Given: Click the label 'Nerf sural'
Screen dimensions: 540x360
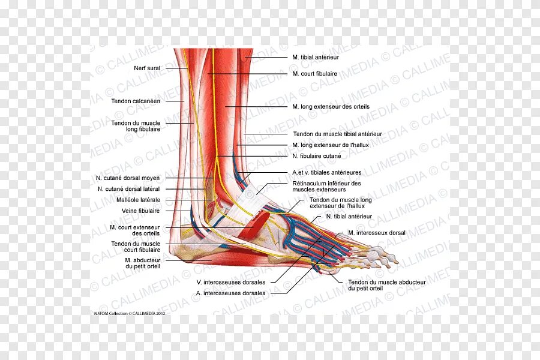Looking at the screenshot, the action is (148, 68).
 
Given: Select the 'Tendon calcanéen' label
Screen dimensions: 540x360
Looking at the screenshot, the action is (136, 101).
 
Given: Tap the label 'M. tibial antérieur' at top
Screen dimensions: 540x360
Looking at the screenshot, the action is (316, 57).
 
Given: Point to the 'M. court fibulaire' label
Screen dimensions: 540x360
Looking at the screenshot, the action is (314, 74).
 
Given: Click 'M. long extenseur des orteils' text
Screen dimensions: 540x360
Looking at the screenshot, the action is (331, 107).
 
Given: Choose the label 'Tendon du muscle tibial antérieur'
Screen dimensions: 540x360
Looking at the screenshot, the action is (337, 134).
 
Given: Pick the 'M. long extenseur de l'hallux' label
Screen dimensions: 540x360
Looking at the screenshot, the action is (330, 145).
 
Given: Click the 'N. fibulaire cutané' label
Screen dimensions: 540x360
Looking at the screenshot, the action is (316, 156).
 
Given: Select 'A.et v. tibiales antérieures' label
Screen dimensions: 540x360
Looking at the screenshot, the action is (327, 172).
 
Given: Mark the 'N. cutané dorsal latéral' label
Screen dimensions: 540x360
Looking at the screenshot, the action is (128, 189).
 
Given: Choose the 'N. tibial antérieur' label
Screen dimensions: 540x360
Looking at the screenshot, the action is (349, 216).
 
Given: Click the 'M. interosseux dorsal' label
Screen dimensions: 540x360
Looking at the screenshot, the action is (376, 233).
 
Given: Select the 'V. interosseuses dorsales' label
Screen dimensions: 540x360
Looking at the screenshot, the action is (230, 281).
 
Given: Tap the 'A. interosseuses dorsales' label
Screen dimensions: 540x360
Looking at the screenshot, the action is (230, 293).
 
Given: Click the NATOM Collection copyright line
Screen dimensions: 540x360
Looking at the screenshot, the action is (129, 313).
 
